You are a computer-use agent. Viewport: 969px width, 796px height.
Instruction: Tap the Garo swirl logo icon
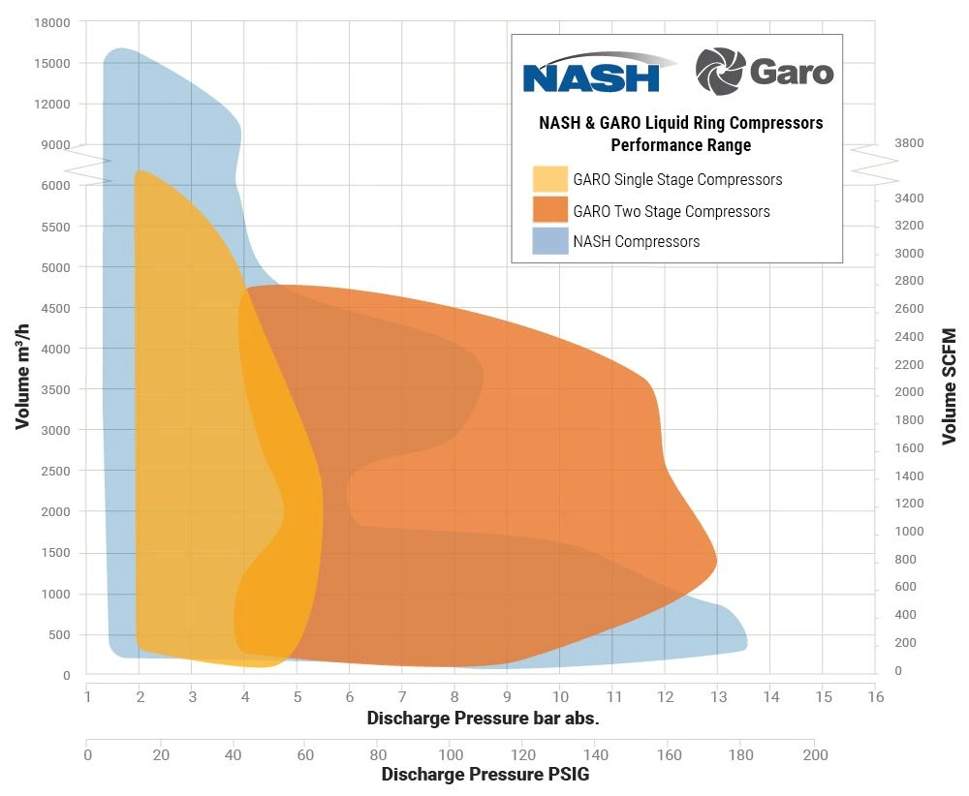click(x=719, y=71)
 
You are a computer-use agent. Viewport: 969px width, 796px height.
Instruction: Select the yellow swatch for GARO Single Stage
click(x=549, y=179)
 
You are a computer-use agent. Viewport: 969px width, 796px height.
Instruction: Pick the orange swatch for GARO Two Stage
click(x=549, y=211)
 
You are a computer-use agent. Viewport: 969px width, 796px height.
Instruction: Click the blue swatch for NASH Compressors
click(x=549, y=241)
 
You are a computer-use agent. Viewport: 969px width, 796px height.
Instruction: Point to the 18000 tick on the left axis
click(x=51, y=21)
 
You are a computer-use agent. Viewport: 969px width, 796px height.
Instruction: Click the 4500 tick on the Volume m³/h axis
click(x=55, y=308)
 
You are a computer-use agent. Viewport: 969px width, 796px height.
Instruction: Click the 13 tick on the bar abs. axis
click(x=717, y=696)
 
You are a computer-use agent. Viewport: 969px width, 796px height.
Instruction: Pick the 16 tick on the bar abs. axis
click(x=875, y=696)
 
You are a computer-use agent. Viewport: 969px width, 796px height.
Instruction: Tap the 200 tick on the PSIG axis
click(x=815, y=755)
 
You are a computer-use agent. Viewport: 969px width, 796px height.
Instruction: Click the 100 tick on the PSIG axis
click(x=451, y=755)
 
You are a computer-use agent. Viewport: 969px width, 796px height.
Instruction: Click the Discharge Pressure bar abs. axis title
click(x=483, y=719)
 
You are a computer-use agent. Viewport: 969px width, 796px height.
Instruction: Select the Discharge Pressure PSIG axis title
click(x=484, y=775)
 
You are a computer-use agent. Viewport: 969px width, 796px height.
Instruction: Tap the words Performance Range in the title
click(x=680, y=145)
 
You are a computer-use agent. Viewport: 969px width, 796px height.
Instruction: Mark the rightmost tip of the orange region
click(x=716, y=561)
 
